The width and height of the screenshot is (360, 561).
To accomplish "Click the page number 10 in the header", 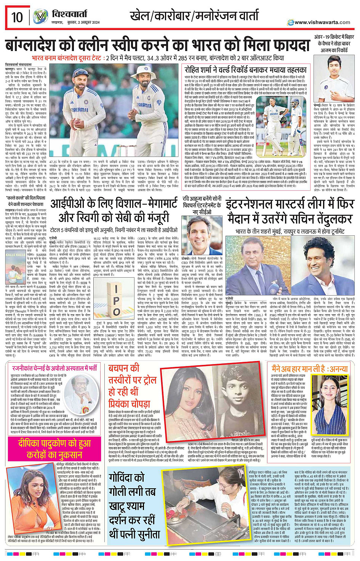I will [x=17, y=17].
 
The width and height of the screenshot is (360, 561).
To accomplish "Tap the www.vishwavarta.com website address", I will [x=322, y=22].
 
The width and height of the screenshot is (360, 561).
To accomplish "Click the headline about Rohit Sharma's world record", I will [x=245, y=70].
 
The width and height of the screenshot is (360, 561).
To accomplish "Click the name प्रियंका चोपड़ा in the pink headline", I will [x=129, y=403].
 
